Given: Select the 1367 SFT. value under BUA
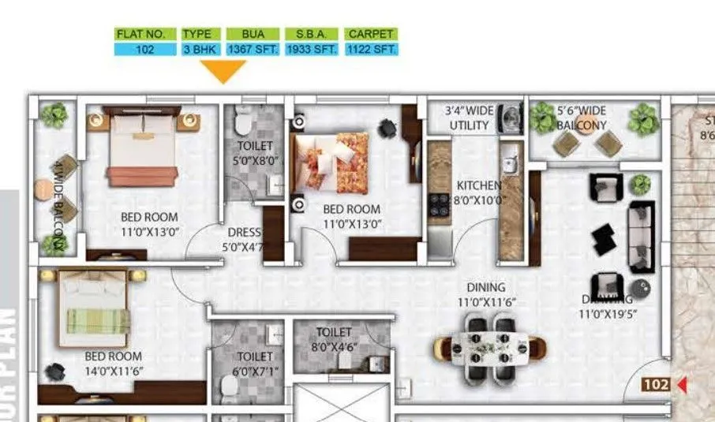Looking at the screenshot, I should [253, 49].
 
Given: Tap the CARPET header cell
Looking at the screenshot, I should [371, 35].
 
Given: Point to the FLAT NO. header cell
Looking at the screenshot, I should [145, 35].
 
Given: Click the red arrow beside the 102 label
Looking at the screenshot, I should [682, 385].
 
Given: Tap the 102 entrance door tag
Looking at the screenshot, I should [657, 385].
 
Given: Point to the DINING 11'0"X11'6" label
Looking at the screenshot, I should [485, 294].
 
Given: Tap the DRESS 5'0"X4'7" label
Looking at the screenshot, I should [244, 239].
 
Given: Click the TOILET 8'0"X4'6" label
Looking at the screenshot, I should [334, 339].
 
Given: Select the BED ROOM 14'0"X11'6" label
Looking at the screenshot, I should [114, 363].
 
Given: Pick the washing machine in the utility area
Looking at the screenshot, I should [512, 117].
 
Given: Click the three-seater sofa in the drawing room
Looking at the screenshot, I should [640, 237].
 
